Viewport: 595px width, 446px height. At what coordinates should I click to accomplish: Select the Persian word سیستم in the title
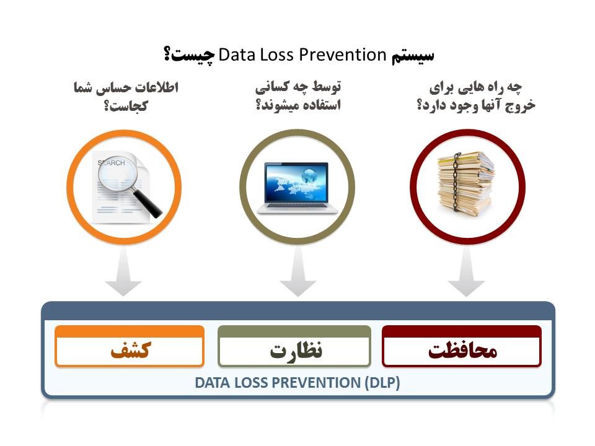tap(413, 56)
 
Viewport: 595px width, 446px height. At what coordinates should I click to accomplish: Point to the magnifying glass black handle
tap(148, 204)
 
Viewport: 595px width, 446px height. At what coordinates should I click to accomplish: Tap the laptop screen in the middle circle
tap(296, 183)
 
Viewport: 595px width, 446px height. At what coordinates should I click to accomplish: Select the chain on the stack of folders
tap(456, 181)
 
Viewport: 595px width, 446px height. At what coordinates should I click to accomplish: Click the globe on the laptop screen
tap(309, 177)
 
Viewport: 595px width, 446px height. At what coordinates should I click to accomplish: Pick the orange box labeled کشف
tap(130, 346)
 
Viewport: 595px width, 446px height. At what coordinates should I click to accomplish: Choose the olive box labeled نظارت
tap(294, 346)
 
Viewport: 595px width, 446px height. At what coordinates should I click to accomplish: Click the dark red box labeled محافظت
tap(462, 346)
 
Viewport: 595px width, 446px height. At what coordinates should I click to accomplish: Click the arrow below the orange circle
tap(124, 273)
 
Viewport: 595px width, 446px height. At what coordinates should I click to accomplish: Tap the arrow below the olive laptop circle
tap(298, 273)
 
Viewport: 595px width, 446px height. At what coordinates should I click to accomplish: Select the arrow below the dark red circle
tap(466, 273)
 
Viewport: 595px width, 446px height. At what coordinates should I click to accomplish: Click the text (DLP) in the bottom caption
tap(382, 383)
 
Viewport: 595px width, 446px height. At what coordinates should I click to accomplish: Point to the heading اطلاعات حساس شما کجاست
tap(126, 97)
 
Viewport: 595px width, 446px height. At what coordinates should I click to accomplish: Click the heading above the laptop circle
tap(298, 95)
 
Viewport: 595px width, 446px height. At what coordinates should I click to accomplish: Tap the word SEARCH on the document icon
tap(111, 163)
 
